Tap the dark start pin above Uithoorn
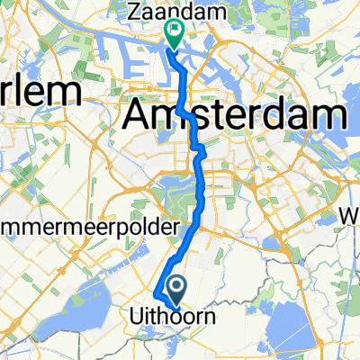(176, 288)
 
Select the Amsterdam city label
(235, 115)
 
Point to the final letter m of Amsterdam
(329, 115)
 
